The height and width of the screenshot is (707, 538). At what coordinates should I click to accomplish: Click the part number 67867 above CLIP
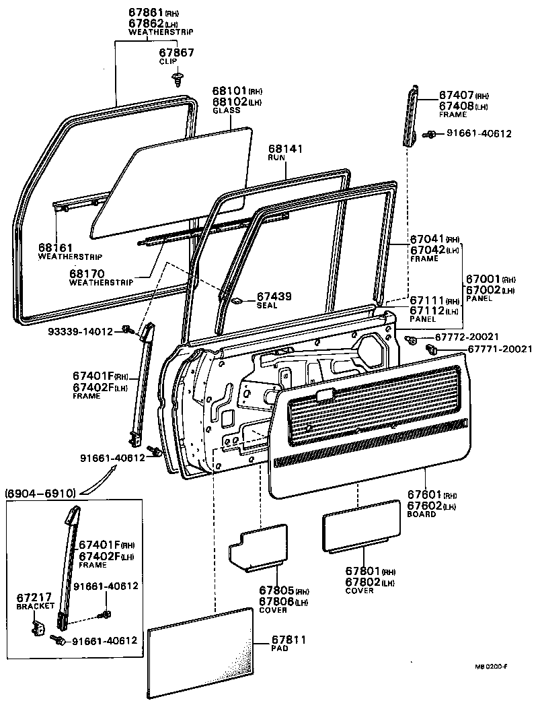point(177,52)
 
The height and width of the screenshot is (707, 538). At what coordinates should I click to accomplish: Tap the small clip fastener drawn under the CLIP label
point(178,80)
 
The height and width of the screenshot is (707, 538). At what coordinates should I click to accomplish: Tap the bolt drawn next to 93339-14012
point(126,329)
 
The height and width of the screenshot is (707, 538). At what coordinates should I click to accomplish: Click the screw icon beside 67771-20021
point(432,349)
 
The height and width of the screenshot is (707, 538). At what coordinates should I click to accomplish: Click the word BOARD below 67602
point(422,514)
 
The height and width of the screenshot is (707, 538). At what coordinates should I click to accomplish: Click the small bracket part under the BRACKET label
point(38,626)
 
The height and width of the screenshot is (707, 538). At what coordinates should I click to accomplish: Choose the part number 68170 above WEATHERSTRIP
point(88,274)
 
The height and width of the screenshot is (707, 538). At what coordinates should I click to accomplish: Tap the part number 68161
point(56,248)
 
